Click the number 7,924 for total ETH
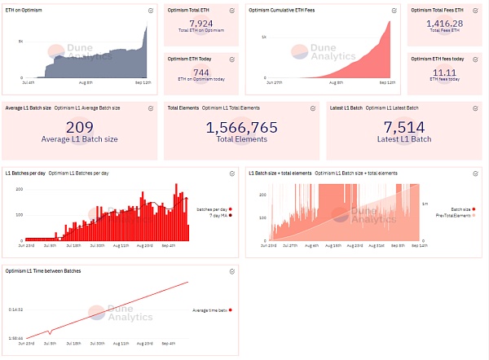(x=200, y=24)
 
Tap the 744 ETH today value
(x=200, y=72)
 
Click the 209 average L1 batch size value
(x=79, y=127)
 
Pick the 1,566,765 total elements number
(x=241, y=127)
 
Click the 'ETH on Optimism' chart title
(x=24, y=9)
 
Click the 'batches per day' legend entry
(x=210, y=209)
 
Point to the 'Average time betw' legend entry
(x=210, y=310)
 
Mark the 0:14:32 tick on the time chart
(x=15, y=310)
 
